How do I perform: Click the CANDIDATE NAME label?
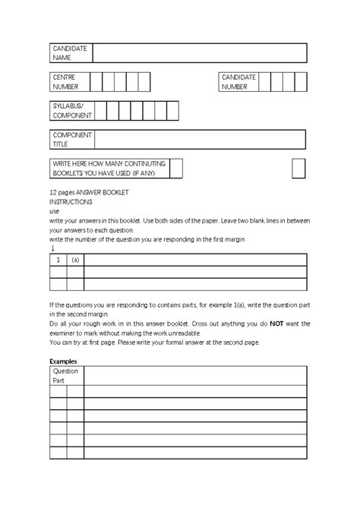coord(70,53)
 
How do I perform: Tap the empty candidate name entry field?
coord(199,53)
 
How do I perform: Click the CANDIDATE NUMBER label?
coord(239,82)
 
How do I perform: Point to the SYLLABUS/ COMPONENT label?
coord(71,111)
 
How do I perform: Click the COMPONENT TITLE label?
coord(71,139)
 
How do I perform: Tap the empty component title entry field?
coord(199,139)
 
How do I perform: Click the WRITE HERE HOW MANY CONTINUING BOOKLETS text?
coord(109,168)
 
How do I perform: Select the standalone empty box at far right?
coord(298,168)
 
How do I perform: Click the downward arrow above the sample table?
coord(52,248)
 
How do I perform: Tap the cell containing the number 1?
coord(58,260)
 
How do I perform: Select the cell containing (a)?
coord(75,260)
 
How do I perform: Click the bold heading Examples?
coord(64,361)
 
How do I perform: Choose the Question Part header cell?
coord(66,376)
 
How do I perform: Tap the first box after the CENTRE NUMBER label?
coord(96,82)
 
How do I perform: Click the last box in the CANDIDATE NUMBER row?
coord(302,82)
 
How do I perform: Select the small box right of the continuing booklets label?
coord(176,168)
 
